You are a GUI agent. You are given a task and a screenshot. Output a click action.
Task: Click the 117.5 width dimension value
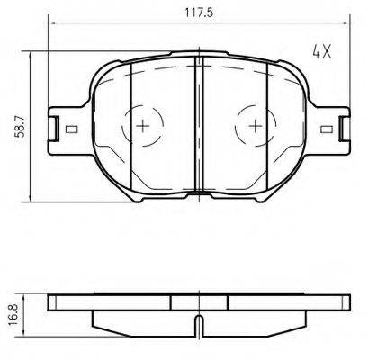(x=199, y=13)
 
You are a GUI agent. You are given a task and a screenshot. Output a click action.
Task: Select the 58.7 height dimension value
(x=20, y=127)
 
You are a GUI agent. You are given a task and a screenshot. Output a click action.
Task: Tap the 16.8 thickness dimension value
(x=13, y=314)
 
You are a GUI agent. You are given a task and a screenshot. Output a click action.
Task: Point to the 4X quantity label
(x=322, y=51)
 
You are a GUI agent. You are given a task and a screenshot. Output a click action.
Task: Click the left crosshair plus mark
(x=143, y=125)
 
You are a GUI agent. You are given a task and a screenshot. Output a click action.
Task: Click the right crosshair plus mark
(x=256, y=125)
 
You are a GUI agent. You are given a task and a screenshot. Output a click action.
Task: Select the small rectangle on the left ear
(x=71, y=130)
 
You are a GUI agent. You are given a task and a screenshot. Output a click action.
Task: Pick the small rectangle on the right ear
(x=327, y=130)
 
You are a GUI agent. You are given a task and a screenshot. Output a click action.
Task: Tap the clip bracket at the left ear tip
(x=54, y=129)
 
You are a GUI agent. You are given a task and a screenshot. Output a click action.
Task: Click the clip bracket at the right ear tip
(x=345, y=129)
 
